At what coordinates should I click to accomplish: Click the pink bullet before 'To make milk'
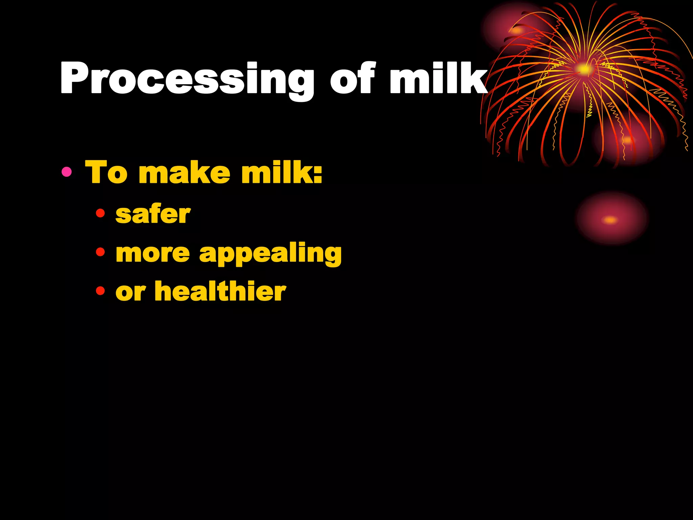[67, 172]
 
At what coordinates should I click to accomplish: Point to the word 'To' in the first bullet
[106, 173]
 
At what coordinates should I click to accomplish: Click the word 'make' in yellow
[184, 173]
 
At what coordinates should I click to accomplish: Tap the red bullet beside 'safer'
[100, 213]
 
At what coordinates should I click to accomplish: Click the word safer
[153, 215]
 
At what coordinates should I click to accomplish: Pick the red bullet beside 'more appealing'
[100, 252]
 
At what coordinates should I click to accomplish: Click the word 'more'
[153, 253]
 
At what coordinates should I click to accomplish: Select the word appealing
[270, 254]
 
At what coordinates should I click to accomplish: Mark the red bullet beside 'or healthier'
[100, 290]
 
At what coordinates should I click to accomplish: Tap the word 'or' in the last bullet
[130, 292]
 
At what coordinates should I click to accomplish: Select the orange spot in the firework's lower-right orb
[627, 140]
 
